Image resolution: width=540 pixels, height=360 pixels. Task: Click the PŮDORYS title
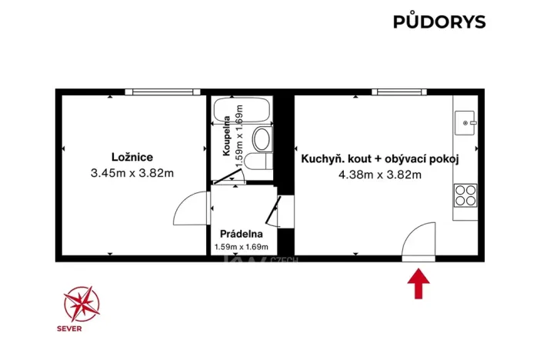click(439, 22)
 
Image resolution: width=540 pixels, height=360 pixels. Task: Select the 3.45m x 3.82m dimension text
click(132, 173)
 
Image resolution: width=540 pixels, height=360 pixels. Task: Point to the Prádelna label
click(242, 234)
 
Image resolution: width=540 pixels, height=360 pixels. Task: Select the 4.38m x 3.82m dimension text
click(380, 175)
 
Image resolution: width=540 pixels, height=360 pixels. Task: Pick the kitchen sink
click(466, 122)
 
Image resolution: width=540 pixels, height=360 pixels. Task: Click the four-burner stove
click(465, 195)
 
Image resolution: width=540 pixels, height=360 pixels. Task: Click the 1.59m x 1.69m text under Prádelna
click(242, 247)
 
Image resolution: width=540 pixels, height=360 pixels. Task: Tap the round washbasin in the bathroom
click(262, 139)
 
